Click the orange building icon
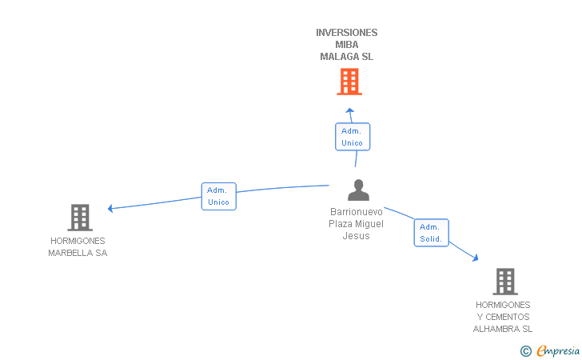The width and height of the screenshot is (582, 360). coord(349,82)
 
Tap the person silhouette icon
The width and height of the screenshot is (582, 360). coord(358,190)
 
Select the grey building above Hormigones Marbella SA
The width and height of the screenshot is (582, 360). coord(80,218)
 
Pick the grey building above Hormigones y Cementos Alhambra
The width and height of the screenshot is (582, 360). coord(505,282)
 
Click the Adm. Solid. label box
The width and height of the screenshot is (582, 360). coord(432,233)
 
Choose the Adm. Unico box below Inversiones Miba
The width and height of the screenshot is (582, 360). coord(353,137)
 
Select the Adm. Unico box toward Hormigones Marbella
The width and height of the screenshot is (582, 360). coord(218,196)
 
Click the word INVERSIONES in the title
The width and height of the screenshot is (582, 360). coord(347,33)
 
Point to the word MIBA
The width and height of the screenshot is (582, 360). coord(347,45)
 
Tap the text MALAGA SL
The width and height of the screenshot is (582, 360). coord(347,57)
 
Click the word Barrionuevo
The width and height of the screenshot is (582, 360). coord(357,212)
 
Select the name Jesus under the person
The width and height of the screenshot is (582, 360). coord(356,236)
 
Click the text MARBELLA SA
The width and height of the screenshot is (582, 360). coord(78,253)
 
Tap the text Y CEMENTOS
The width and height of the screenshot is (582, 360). coord(503,317)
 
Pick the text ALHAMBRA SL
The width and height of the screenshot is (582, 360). coord(503,329)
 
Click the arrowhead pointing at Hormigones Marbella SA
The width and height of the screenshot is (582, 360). coord(110,209)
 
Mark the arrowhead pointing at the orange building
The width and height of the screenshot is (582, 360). coord(349,110)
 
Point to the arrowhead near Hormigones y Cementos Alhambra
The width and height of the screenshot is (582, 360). coord(476,258)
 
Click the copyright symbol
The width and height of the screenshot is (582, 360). coord(525,351)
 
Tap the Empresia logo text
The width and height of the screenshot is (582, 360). coord(558,351)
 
